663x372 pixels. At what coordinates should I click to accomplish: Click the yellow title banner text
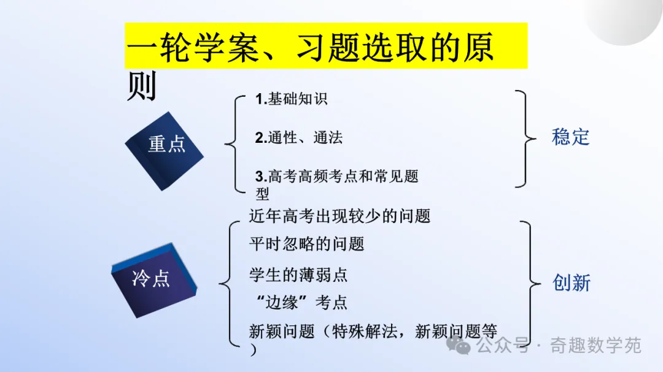(311, 47)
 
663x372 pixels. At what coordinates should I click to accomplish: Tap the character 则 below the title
(142, 86)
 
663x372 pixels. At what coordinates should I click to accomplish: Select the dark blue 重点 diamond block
(164, 151)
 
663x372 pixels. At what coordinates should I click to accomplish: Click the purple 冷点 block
(154, 280)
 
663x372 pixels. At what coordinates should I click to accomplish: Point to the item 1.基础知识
(292, 99)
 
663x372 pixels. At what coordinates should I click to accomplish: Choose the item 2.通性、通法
(299, 138)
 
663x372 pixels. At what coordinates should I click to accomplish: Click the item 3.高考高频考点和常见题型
(336, 184)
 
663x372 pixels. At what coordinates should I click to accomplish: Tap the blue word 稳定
(570, 137)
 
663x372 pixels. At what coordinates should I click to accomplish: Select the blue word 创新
(572, 283)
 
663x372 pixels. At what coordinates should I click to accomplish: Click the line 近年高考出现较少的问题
(339, 216)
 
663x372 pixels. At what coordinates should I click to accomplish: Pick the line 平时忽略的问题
(306, 244)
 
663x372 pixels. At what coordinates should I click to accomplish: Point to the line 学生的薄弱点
(298, 275)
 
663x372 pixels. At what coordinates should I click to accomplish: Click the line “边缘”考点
(301, 302)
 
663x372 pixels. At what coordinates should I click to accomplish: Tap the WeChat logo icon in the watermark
(459, 346)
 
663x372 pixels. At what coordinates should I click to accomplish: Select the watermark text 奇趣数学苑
(595, 346)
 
